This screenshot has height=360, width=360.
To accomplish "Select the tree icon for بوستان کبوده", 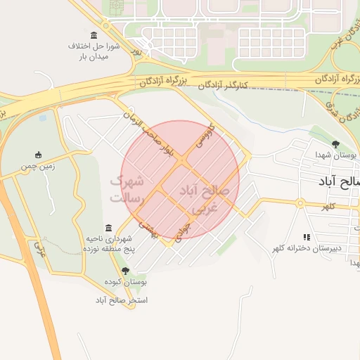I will point(126,271).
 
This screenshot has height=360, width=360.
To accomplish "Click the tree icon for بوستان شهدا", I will point(335,144).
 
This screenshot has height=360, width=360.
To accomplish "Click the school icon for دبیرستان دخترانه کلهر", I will point(307,237).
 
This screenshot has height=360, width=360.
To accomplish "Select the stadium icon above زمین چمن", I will point(39,155).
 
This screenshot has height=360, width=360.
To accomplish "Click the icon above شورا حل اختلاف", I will point(94,35).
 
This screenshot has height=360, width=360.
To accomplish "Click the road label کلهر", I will point(328,206).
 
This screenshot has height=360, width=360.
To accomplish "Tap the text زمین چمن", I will point(39,167).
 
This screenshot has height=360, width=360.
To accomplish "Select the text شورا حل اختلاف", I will point(94,46).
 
